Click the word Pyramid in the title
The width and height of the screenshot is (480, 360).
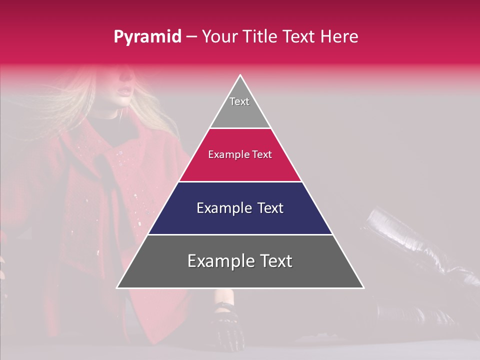tap(147, 37)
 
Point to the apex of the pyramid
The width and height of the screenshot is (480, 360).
tap(240, 75)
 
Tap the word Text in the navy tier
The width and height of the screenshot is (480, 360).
tap(268, 208)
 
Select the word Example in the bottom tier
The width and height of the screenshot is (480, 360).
tap(220, 261)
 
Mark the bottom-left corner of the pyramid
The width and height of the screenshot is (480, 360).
tap(117, 287)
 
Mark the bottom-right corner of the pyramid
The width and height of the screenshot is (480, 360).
tap(363, 287)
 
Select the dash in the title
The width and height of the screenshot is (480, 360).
tap(191, 37)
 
